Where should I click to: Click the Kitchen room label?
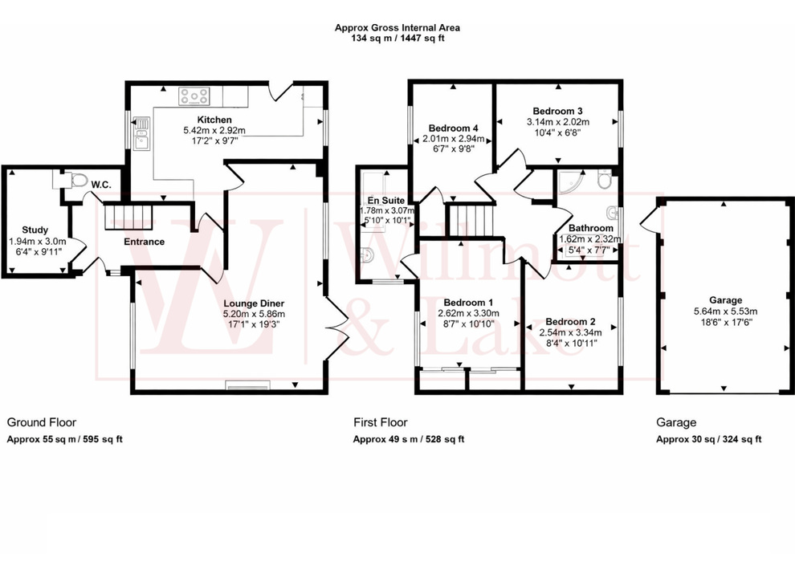tap(198, 120)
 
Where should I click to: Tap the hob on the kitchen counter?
tap(194, 96)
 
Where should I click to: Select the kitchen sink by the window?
tap(142, 134)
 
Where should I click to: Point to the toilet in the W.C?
tap(78, 181)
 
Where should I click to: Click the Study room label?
tap(35, 230)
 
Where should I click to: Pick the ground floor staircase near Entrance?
tap(128, 216)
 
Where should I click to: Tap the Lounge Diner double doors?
tap(335, 316)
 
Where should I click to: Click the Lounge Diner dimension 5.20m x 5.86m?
tap(254, 314)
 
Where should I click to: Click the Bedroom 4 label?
tap(453, 128)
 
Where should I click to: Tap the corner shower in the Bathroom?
tap(571, 182)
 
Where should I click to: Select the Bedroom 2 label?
tap(570, 321)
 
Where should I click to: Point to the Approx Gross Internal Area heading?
tap(397, 27)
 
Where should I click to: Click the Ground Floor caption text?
tap(41, 422)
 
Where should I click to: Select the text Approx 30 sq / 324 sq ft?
tap(708, 439)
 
